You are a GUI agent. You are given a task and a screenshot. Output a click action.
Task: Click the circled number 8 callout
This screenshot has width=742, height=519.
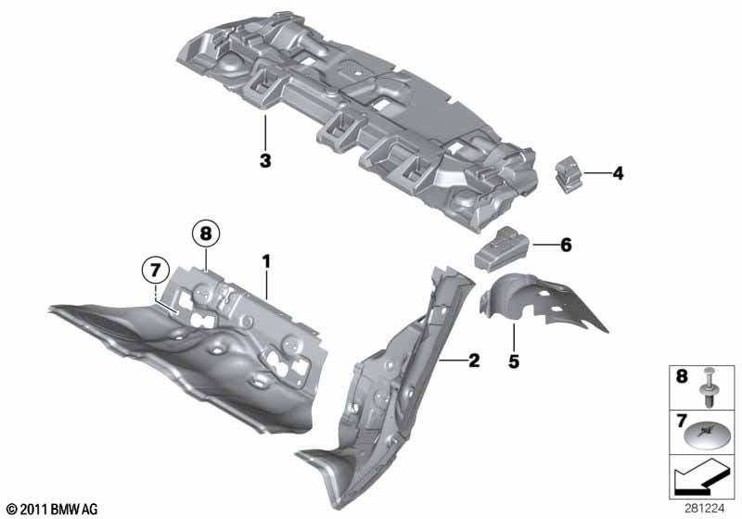[x=206, y=234]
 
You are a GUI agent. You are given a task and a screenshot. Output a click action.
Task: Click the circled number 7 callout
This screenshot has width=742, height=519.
[x=155, y=272]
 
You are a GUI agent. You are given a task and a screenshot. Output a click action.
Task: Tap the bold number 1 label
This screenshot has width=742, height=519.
[x=266, y=261]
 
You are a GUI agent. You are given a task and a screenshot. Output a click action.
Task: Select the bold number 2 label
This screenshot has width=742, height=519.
[x=474, y=361]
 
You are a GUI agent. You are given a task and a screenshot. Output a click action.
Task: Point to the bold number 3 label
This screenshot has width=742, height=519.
[x=265, y=160]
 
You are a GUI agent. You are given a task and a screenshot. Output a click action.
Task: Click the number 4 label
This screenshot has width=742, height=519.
[x=618, y=173]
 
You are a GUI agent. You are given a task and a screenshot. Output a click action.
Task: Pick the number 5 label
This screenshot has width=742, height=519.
[x=514, y=361]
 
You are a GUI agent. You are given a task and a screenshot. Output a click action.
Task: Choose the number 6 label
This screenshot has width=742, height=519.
[x=566, y=245]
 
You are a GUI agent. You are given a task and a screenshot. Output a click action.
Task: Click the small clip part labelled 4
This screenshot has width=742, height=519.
[x=569, y=175]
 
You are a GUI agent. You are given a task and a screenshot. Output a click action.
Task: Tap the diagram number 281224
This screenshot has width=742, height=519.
[x=705, y=509]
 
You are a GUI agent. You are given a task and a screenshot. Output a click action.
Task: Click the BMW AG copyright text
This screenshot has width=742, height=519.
[x=53, y=509]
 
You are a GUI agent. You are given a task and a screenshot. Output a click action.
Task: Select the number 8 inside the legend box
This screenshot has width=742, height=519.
[x=682, y=376]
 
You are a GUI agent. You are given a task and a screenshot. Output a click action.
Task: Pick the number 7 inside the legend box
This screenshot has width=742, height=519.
[x=682, y=421]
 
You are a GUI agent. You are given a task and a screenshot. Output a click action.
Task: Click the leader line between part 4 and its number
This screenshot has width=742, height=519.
[x=597, y=173]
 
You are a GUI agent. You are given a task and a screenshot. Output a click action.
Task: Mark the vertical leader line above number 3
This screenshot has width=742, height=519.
[x=265, y=132]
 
